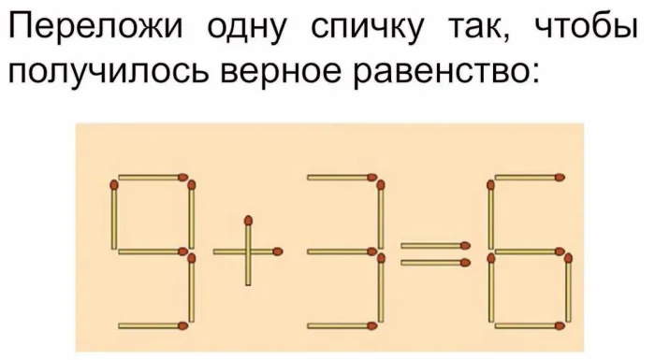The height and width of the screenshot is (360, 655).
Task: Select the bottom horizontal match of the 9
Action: [x=152, y=325]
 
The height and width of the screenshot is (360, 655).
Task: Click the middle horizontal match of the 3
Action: [x=342, y=251]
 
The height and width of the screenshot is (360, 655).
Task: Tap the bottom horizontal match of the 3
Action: [x=342, y=325]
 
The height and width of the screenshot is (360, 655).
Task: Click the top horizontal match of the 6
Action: [x=528, y=176]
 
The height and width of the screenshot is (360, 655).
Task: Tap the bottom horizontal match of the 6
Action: [x=528, y=325]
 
